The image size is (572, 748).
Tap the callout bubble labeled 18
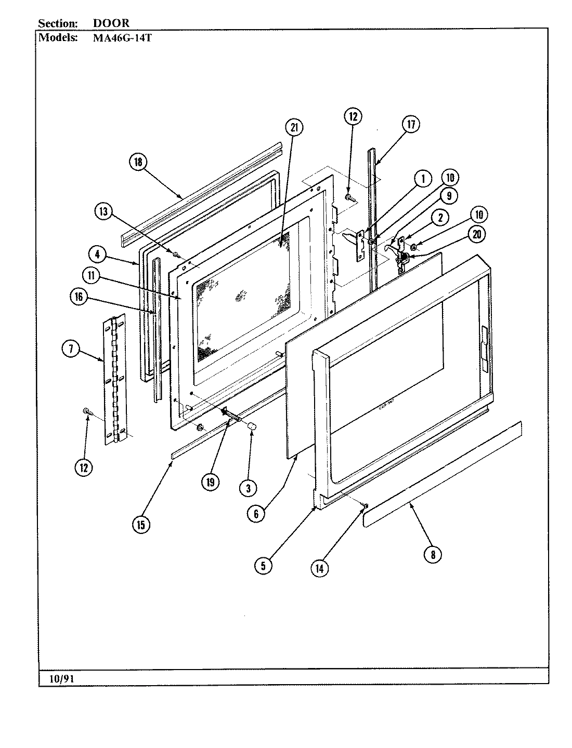click(138, 162)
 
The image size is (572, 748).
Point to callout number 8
click(432, 554)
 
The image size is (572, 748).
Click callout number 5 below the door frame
click(263, 566)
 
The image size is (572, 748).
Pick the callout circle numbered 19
click(211, 482)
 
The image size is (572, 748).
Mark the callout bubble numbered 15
click(140, 525)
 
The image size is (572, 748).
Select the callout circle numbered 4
click(97, 256)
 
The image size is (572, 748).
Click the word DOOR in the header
click(111, 23)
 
